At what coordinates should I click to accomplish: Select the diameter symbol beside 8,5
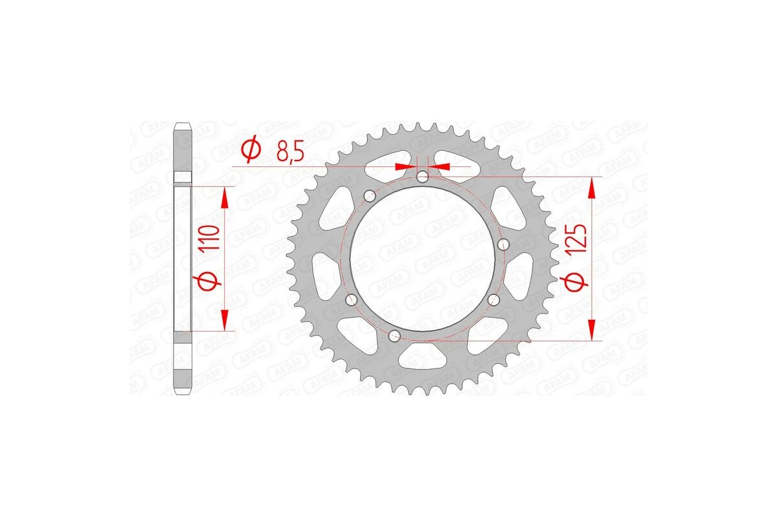[x=250, y=151]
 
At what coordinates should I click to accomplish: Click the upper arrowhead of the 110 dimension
[x=225, y=197]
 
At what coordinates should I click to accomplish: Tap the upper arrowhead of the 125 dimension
[x=592, y=188]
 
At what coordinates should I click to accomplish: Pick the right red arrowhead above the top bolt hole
[x=439, y=166]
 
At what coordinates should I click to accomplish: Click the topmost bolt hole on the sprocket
[x=422, y=176]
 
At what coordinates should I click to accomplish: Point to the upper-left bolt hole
[x=370, y=194]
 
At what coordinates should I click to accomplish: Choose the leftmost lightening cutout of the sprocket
[x=322, y=272]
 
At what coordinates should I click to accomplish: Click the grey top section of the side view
[x=184, y=149]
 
